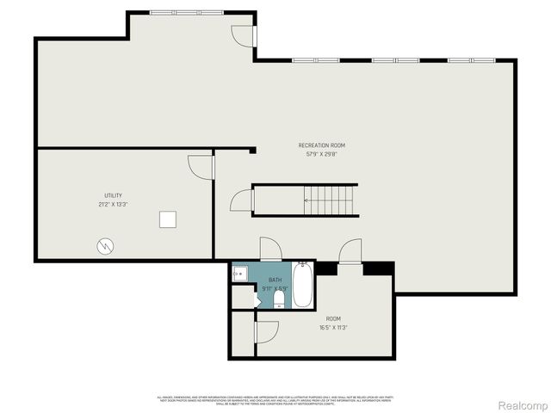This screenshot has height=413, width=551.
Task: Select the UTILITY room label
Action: pyautogui.click(x=113, y=195)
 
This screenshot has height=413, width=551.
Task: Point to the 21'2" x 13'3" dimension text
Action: pyautogui.click(x=113, y=205)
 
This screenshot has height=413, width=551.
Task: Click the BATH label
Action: pyautogui.click(x=275, y=280)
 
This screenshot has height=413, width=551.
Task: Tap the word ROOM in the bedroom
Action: pyautogui.click(x=333, y=318)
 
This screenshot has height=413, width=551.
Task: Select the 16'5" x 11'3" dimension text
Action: pyautogui.click(x=333, y=328)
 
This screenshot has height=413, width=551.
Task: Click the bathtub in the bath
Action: pyautogui.click(x=302, y=285)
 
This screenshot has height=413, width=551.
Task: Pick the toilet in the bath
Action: pyautogui.click(x=279, y=298)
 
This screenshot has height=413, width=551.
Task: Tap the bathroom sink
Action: pyautogui.click(x=239, y=274)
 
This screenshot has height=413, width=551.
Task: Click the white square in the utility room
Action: pyautogui.click(x=168, y=219)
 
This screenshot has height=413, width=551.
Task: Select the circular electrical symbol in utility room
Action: pyautogui.click(x=104, y=246)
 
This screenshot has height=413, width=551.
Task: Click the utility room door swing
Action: pyautogui.click(x=200, y=166)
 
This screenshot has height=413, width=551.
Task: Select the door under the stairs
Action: pyautogui.click(x=242, y=201)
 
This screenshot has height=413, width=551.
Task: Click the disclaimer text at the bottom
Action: pyautogui.click(x=275, y=399)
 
